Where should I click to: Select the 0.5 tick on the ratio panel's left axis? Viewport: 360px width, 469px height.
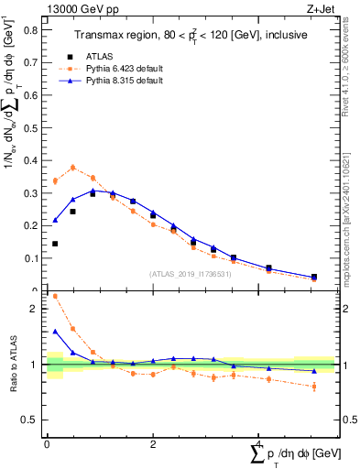click(x=35, y=420)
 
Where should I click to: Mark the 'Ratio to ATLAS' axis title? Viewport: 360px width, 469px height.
click(x=16, y=365)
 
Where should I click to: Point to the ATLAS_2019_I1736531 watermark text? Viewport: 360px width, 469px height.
click(x=190, y=274)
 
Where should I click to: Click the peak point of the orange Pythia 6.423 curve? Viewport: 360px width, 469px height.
click(x=73, y=168)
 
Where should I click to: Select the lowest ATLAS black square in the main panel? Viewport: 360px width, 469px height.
click(x=314, y=277)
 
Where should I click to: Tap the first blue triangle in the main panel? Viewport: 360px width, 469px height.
click(x=55, y=220)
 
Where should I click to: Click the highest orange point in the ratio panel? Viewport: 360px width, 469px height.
click(x=55, y=296)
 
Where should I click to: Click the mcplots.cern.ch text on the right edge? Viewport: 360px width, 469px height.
click(x=354, y=234)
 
